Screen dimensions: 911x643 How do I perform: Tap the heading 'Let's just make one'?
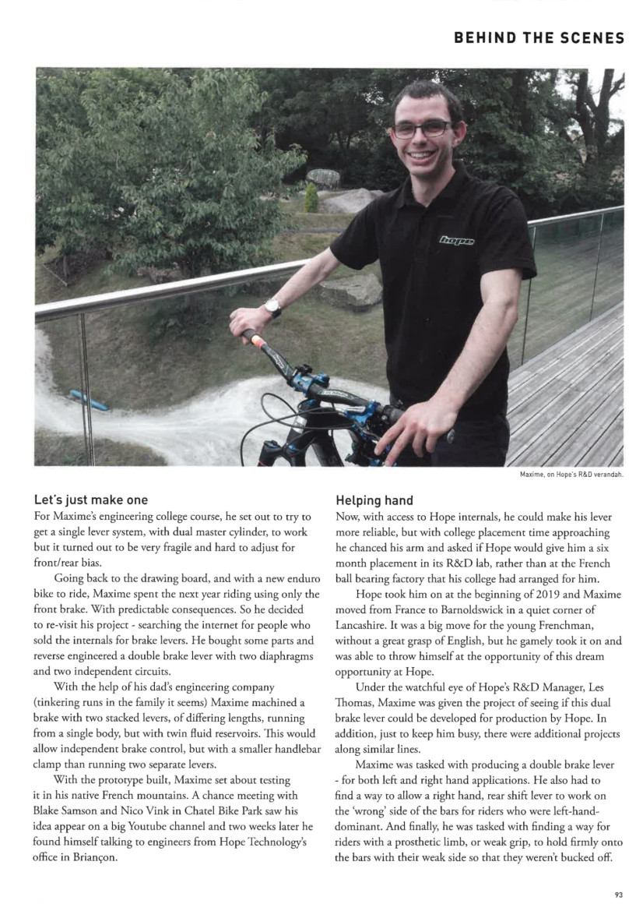(x=91, y=500)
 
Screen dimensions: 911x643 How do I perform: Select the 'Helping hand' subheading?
(x=374, y=500)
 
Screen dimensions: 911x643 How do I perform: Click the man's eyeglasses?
(x=421, y=129)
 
